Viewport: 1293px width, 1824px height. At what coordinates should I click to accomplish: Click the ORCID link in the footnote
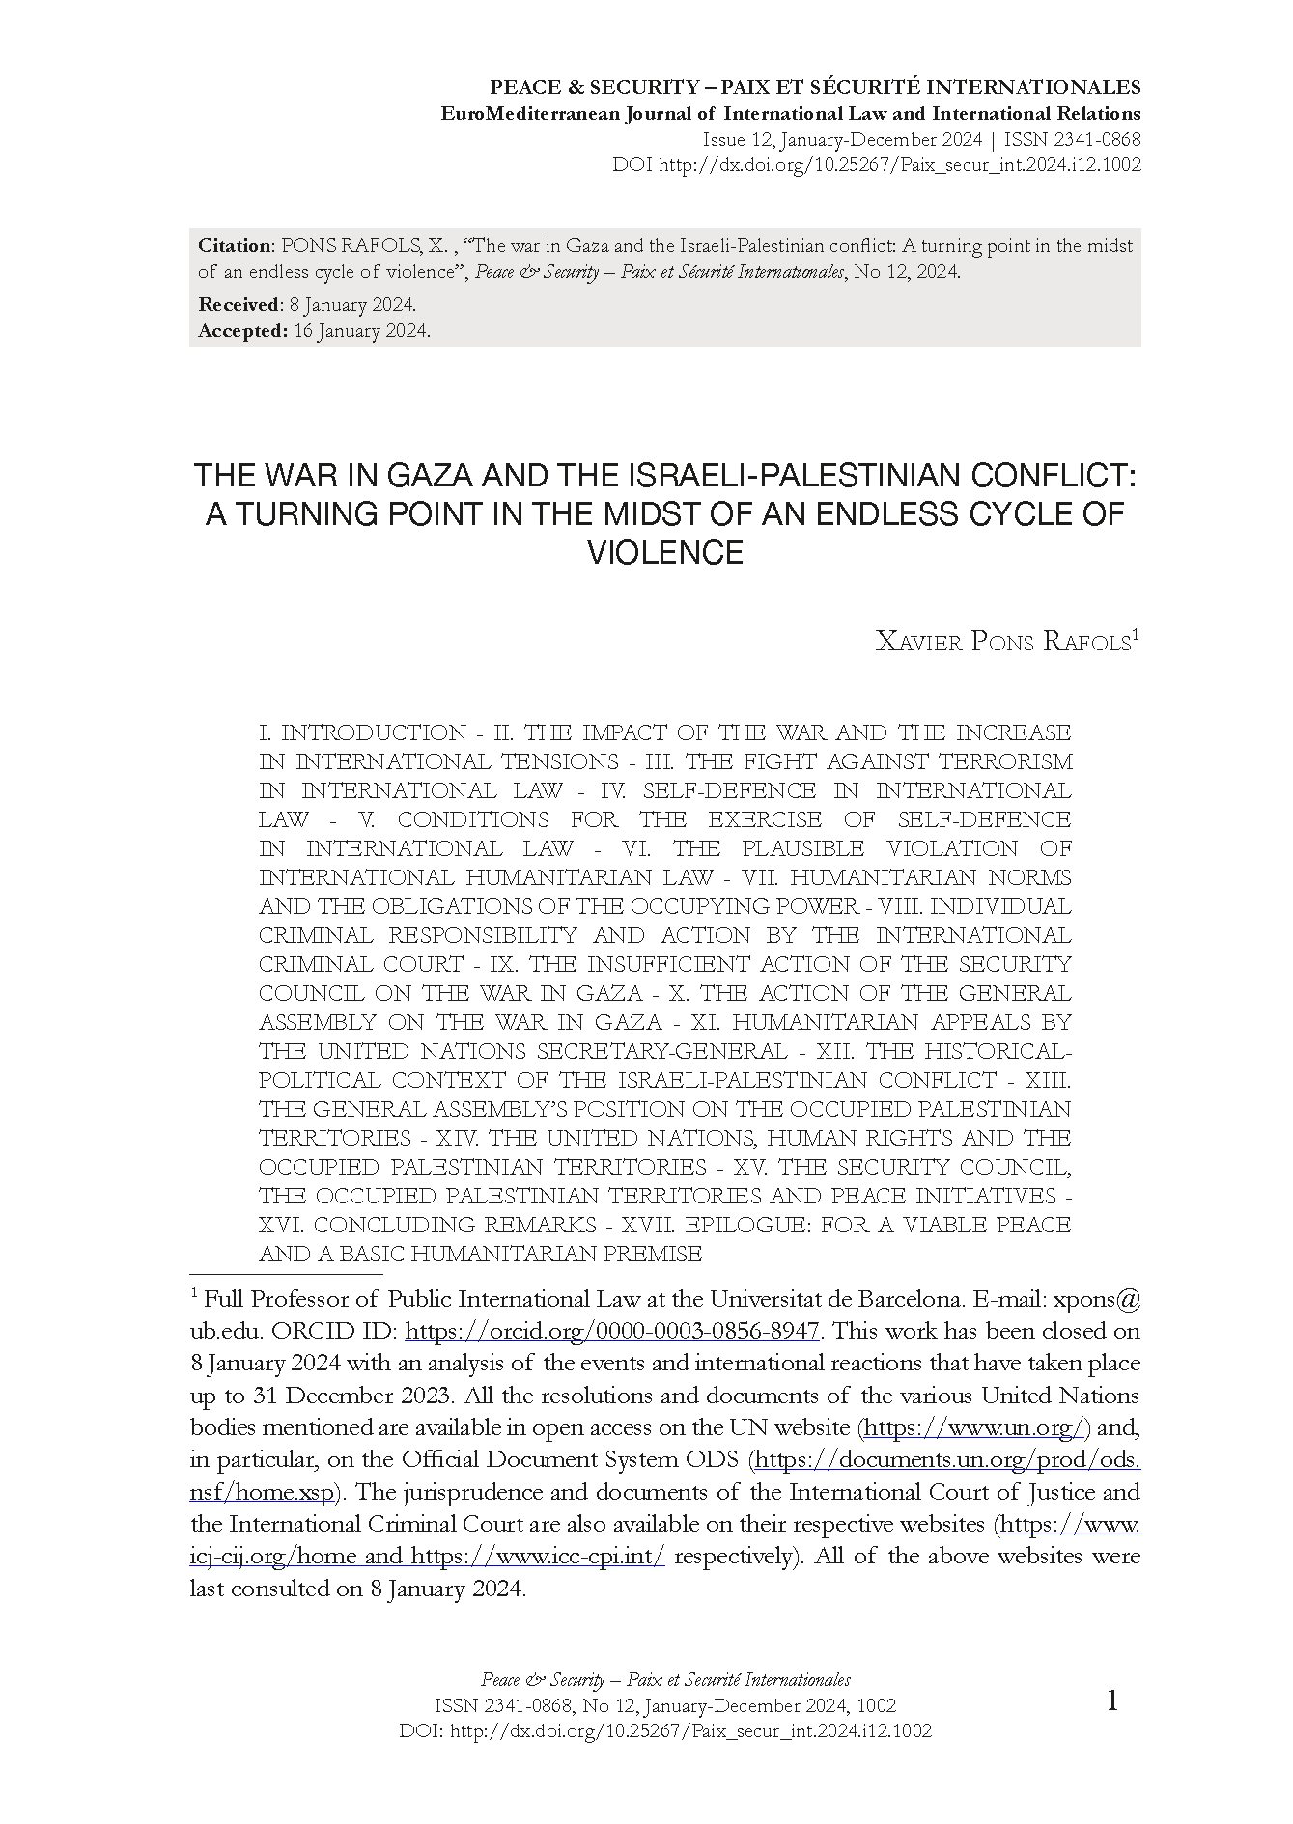(x=612, y=1332)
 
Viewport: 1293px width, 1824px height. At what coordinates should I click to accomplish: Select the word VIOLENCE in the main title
(x=665, y=553)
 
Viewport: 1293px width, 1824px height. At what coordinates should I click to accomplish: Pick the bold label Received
(x=239, y=305)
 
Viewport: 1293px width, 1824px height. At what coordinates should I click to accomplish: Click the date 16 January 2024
(x=361, y=331)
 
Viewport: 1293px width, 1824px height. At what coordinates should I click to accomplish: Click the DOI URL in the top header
(x=900, y=165)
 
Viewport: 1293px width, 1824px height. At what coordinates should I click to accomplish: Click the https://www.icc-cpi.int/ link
(x=538, y=1557)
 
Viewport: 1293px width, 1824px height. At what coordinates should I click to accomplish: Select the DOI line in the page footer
(x=665, y=1730)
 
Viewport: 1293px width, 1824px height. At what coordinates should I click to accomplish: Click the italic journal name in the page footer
(x=665, y=1680)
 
